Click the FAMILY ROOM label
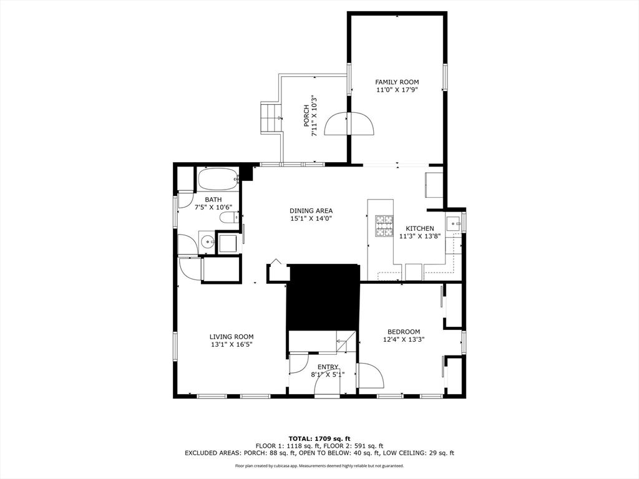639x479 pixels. (x=397, y=82)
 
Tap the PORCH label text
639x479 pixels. (x=306, y=116)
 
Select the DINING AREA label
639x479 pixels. (x=311, y=211)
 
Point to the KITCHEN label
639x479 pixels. (x=419, y=228)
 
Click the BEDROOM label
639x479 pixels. (x=404, y=332)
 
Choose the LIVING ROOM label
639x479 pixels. (x=232, y=337)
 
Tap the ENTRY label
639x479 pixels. (x=328, y=367)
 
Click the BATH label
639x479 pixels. (x=213, y=200)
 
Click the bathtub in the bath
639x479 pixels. (x=218, y=179)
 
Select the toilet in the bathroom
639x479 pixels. (x=229, y=218)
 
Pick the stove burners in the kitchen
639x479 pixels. (x=384, y=226)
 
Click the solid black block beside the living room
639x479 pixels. (x=323, y=297)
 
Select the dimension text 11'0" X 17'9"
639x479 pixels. (x=397, y=90)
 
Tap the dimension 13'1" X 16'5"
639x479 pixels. (x=232, y=344)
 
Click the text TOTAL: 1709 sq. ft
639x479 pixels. (x=319, y=438)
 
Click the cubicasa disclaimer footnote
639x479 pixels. (x=319, y=465)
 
